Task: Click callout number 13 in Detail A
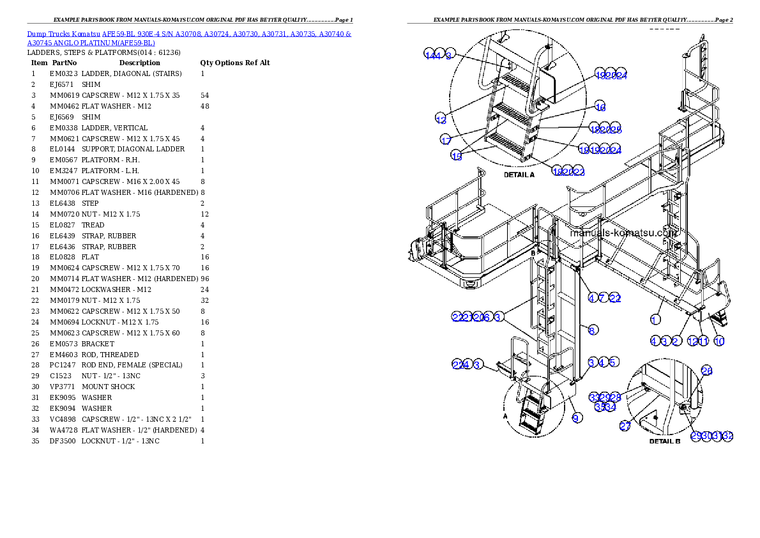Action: point(441,119)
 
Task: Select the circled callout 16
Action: point(600,107)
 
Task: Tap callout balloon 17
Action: point(446,140)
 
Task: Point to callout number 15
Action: point(457,157)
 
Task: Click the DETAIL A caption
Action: point(519,174)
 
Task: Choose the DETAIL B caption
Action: point(665,441)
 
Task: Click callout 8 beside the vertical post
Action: point(593,330)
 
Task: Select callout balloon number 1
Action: point(655,319)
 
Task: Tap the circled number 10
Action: point(719,341)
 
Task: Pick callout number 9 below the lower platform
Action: point(577,418)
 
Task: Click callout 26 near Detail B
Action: point(706,371)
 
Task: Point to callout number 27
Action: point(625,427)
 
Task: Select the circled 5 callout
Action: point(612,362)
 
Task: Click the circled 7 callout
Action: point(602,298)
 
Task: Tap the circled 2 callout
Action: point(675,341)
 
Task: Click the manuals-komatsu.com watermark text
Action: point(623,233)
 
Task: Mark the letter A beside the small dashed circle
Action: point(505,415)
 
